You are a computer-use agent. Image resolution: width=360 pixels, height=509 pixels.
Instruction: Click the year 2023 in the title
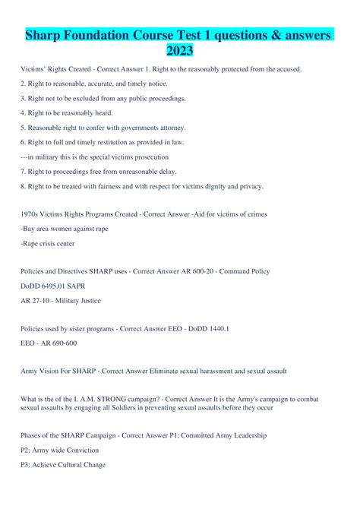179,51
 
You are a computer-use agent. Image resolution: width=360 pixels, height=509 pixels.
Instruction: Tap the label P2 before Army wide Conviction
26,451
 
